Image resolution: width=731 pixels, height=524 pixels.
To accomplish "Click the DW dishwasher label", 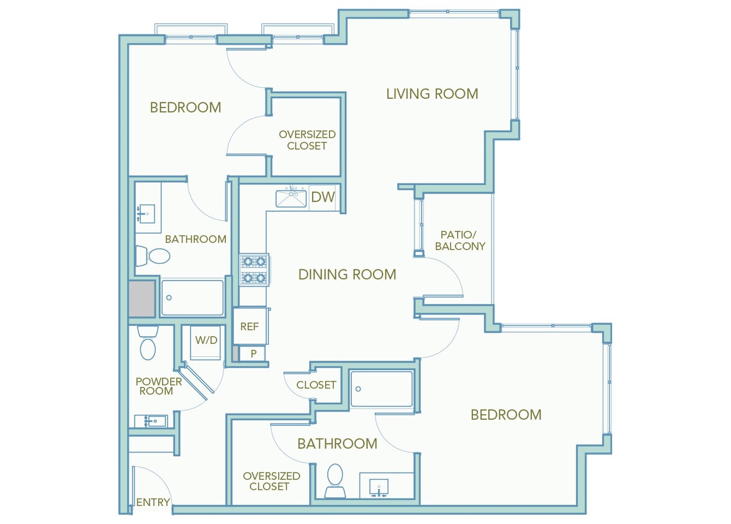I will pos(323,197).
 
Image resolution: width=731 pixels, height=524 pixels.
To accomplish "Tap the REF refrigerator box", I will pos(249,327).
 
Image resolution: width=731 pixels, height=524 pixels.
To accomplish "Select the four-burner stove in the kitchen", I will pos(254,270).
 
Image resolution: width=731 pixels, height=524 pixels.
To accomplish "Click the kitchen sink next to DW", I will pos(292,198).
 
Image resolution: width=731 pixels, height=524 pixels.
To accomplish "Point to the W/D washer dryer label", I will pos(206,340).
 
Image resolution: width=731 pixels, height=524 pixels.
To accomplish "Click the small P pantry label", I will pos(253,354).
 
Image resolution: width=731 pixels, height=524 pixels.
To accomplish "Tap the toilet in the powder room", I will pos(148,345).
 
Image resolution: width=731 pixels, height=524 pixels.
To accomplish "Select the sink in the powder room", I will pos(151,421).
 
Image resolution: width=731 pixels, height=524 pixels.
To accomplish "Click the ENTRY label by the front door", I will pos(153,502).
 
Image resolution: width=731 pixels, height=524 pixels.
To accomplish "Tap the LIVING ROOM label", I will pos(432,94).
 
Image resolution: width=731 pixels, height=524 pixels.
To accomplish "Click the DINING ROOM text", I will pos(347,274).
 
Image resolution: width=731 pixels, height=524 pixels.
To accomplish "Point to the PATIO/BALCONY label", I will pos(460,240).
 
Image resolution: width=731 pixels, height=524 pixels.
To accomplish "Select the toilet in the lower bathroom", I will pos(335,479).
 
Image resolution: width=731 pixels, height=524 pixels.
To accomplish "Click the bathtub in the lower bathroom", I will pos(381,389).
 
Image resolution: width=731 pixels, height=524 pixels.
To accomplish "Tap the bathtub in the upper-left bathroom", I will pos(192,298).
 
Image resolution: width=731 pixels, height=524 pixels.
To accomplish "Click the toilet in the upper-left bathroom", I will pos(153,256).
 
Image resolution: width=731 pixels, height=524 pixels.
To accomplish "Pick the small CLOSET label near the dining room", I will pos(316,385).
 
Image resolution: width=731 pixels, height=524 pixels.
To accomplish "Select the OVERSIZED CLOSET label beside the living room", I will pos(307,140).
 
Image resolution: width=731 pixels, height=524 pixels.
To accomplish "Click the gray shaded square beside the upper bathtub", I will pos(141,299).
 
